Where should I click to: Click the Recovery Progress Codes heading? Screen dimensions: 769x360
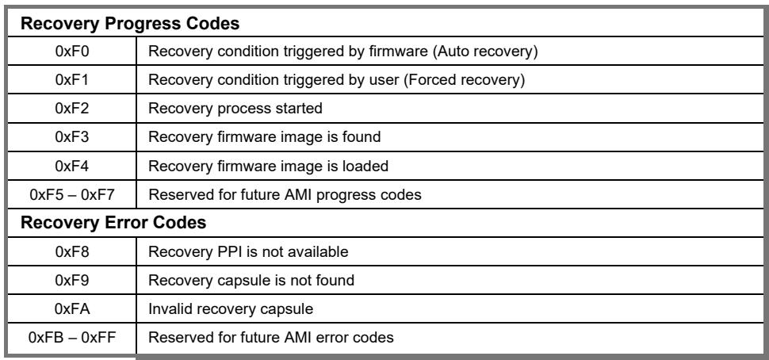tap(130, 24)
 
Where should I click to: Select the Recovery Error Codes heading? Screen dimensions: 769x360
tap(113, 223)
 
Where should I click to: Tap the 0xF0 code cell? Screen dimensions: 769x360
tap(72, 51)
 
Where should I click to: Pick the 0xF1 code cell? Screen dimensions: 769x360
tap(72, 79)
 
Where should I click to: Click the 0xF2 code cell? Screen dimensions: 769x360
tap(72, 108)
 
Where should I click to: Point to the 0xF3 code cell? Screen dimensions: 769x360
tap(72, 136)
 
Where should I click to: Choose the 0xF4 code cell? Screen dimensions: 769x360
tap(72, 166)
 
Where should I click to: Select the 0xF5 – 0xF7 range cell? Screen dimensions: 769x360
tap(72, 195)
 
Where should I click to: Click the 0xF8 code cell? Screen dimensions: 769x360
tap(72, 251)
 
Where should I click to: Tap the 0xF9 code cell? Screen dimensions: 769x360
tap(72, 280)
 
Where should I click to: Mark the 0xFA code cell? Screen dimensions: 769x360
tap(73, 309)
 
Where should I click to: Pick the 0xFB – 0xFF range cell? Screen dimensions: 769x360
tap(72, 338)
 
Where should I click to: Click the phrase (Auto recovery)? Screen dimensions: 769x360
tap(485, 51)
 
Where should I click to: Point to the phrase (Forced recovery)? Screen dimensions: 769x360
tap(464, 79)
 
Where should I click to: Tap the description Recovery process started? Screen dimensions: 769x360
tap(235, 108)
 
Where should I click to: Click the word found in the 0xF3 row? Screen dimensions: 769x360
tap(360, 136)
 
